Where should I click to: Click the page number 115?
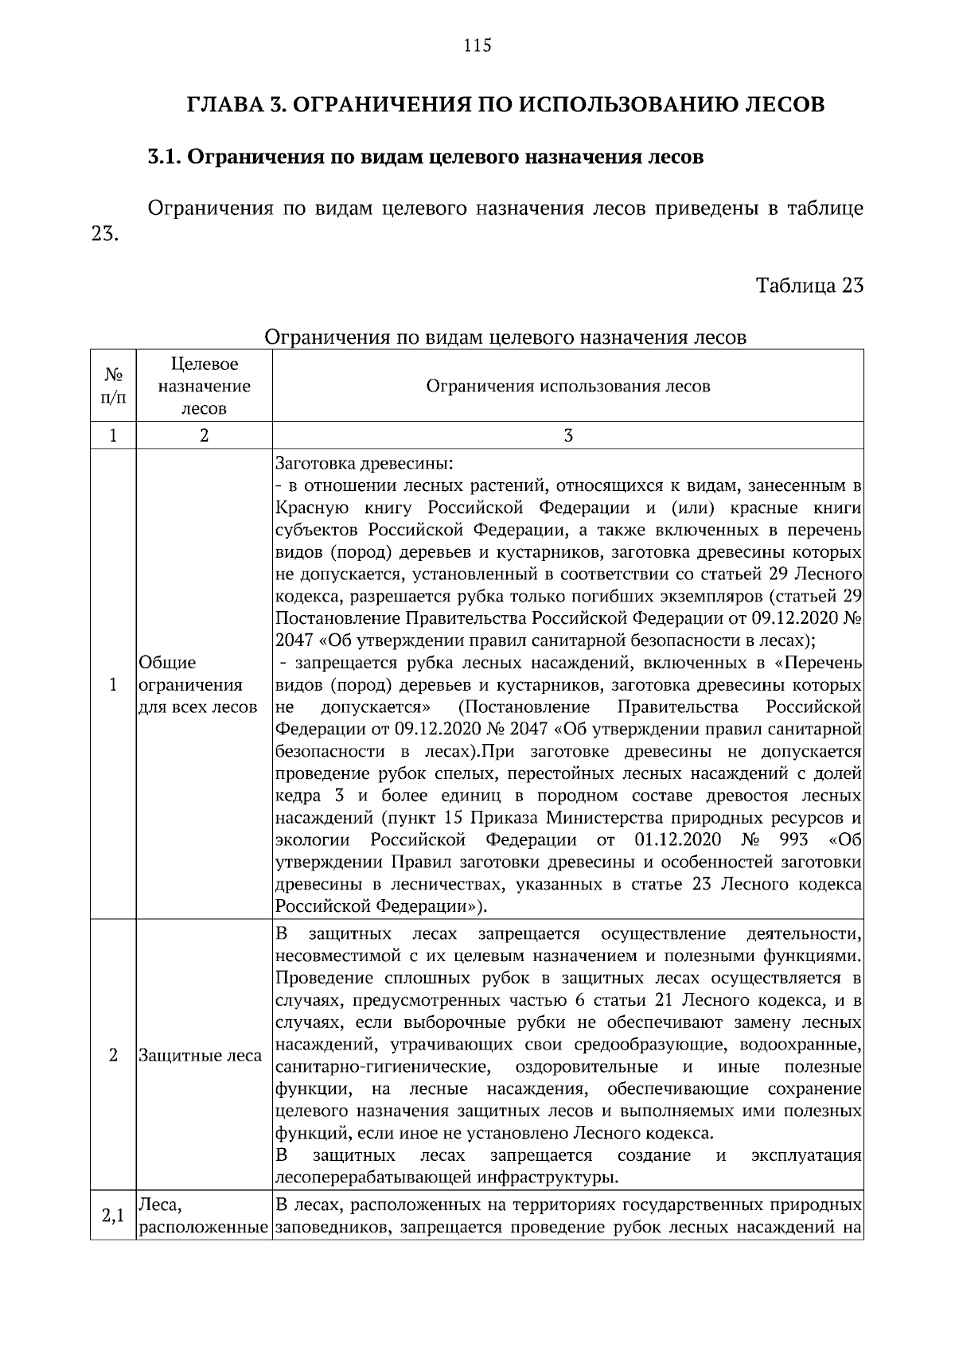click(477, 45)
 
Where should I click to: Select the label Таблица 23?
click(809, 286)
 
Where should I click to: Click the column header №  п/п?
click(113, 386)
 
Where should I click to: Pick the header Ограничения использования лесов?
click(567, 387)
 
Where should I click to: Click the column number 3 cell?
click(567, 435)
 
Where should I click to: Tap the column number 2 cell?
click(204, 435)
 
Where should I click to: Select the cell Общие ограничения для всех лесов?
click(197, 685)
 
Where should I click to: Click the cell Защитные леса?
click(200, 1056)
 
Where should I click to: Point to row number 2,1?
click(113, 1217)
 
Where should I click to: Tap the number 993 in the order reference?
click(793, 840)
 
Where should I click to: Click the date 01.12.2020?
click(678, 840)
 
